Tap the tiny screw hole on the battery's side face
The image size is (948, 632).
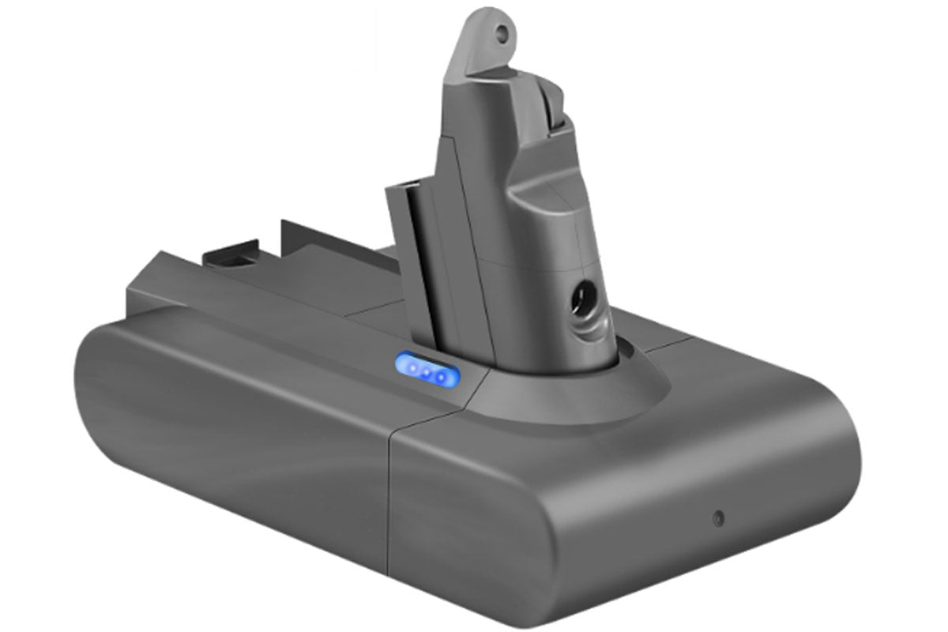(717, 518)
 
